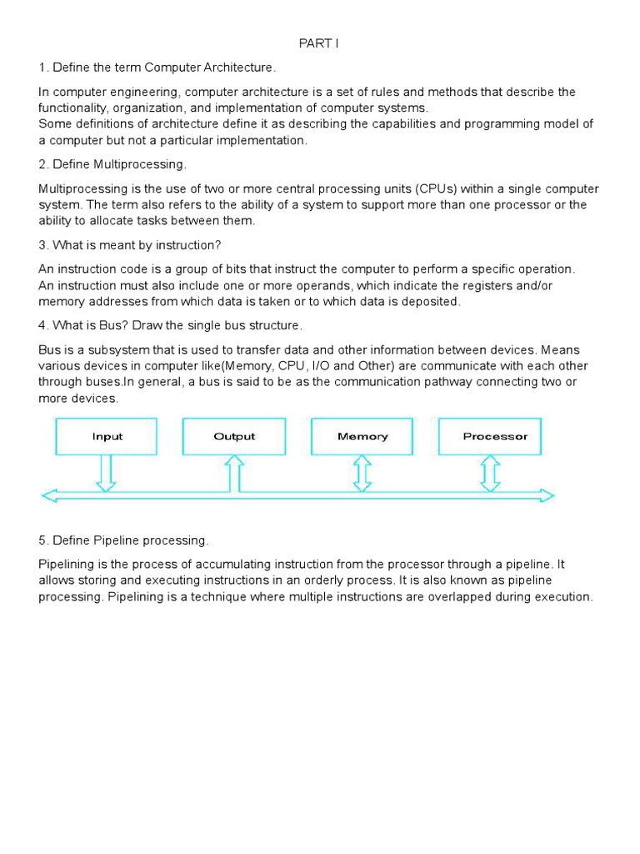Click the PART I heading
[319, 43]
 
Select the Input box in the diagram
[107, 436]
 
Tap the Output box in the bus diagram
[234, 436]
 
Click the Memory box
[362, 436]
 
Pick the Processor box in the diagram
[495, 436]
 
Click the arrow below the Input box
[107, 473]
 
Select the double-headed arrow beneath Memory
[362, 473]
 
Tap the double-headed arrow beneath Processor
[491, 473]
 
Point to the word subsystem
[107, 349]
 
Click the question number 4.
[42, 324]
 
